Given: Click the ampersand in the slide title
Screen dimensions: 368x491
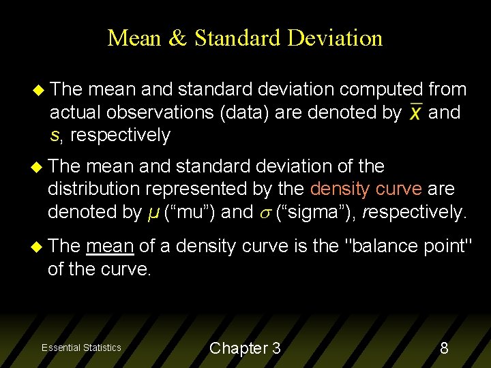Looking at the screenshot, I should click(x=177, y=38).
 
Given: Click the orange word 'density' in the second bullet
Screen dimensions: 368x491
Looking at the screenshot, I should click(x=338, y=189).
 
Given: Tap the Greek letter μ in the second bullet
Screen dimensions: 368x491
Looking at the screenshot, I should click(x=154, y=213).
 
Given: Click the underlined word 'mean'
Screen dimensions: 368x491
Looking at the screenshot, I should click(x=110, y=245).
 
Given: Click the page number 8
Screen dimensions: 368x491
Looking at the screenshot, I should click(x=444, y=348).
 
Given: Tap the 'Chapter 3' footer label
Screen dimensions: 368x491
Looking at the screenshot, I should click(x=245, y=348).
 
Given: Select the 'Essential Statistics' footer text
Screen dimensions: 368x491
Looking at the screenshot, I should click(x=81, y=348).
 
